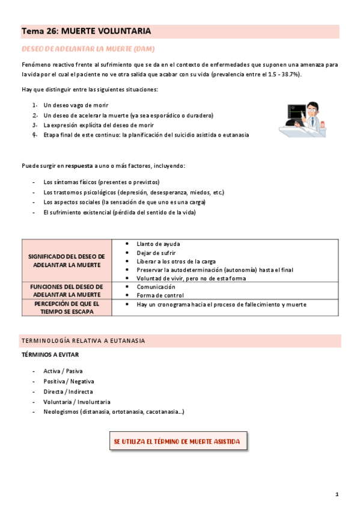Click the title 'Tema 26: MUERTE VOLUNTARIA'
pyautogui.click(x=87, y=31)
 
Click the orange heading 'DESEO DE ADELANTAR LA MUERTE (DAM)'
pyautogui.click(x=88, y=48)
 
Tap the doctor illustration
pyautogui.click(x=302, y=118)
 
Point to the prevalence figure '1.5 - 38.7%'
pyautogui.click(x=282, y=74)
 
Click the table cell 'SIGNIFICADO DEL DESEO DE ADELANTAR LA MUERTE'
pyautogui.click(x=67, y=260)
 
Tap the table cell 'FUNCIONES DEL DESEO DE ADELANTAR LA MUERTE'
pyautogui.click(x=67, y=290)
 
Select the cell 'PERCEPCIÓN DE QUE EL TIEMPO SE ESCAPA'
pyautogui.click(x=67, y=308)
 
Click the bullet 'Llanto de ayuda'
pyautogui.click(x=158, y=244)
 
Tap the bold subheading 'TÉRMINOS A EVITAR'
pyautogui.click(x=50, y=355)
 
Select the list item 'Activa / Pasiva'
pyautogui.click(x=63, y=371)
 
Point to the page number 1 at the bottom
pyautogui.click(x=337, y=494)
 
